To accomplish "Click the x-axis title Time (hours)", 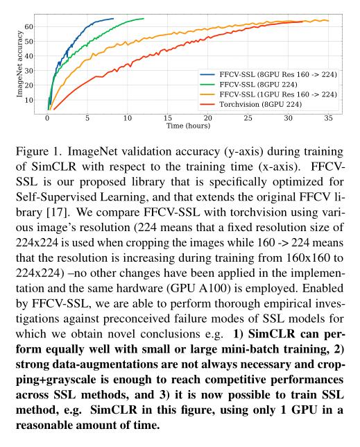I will [x=189, y=126].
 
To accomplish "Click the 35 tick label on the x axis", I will [x=327, y=119].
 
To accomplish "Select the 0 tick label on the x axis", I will [x=46, y=119].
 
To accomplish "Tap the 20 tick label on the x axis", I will [x=207, y=119].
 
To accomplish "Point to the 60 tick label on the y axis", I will [x=31, y=26].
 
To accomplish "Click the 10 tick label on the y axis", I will [x=31, y=99].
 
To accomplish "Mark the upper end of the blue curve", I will [x=112, y=19].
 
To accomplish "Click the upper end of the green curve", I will [x=143, y=19].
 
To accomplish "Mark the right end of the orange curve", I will [x=328, y=21].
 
